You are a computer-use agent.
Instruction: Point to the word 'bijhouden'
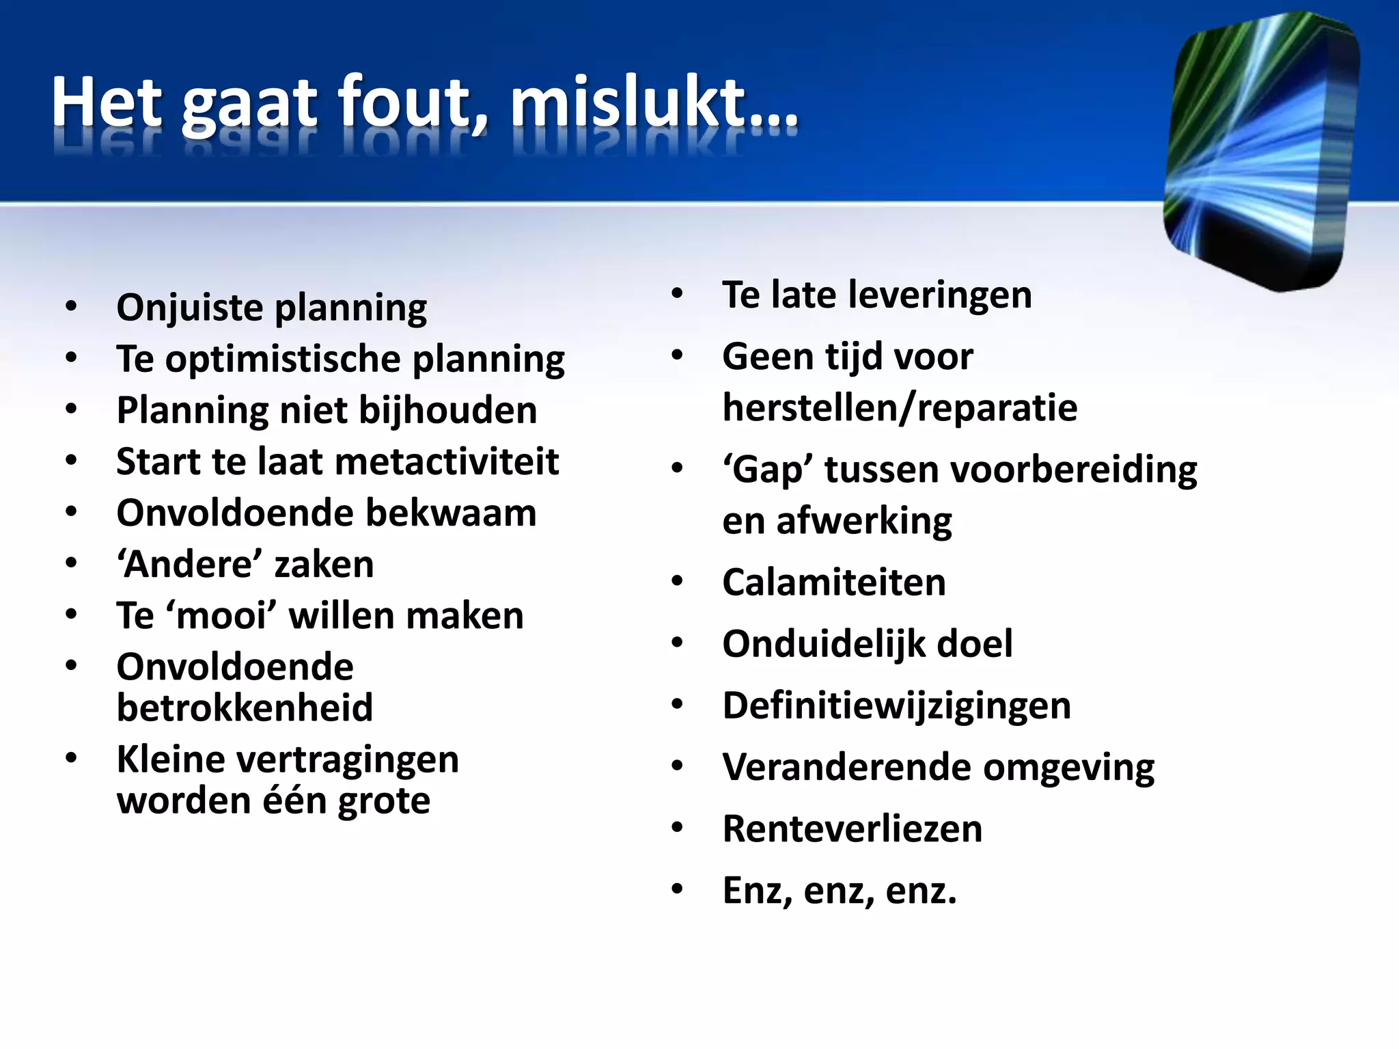(x=447, y=412)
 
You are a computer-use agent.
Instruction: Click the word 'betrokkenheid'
(x=245, y=708)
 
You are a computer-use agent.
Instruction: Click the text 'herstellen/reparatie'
(x=900, y=409)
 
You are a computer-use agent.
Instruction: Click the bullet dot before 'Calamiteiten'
(x=677, y=582)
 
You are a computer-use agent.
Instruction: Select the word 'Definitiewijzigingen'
(x=896, y=706)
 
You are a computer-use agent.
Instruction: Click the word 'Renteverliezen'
(x=852, y=829)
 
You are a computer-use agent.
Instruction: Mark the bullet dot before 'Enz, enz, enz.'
(x=677, y=889)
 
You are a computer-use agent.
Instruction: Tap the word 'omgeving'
(x=1068, y=768)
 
